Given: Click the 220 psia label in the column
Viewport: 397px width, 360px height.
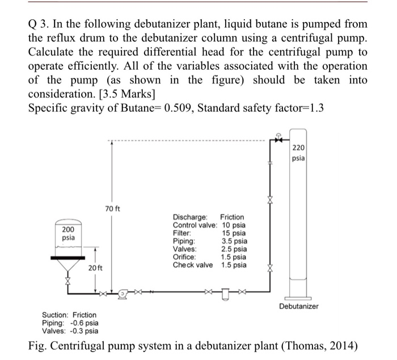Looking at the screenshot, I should pyautogui.click(x=298, y=153).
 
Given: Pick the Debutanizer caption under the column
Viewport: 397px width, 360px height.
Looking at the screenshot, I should pyautogui.click(x=298, y=306).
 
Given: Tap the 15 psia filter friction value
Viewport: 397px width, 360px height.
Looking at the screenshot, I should pyautogui.click(x=234, y=233).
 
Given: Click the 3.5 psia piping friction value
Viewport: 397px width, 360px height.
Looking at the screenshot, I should pyautogui.click(x=234, y=241).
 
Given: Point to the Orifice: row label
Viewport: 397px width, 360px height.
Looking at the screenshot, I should pyautogui.click(x=185, y=257).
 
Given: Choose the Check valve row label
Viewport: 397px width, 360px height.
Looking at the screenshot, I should pyautogui.click(x=193, y=265).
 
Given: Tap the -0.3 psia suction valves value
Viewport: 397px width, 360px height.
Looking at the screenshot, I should pyautogui.click(x=83, y=331).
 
